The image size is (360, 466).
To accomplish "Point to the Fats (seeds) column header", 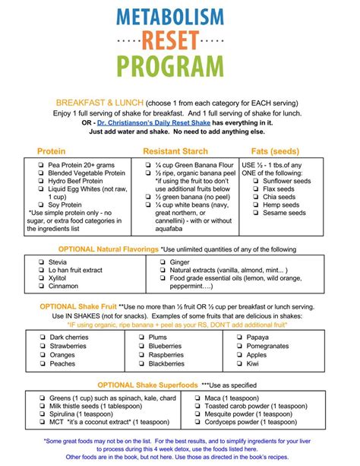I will pyautogui.click(x=275, y=152).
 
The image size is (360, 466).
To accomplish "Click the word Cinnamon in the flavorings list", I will pyautogui.click(x=65, y=287).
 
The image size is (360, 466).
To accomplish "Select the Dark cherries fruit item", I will pyautogui.click(x=70, y=337).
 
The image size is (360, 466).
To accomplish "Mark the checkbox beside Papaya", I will pyautogui.click(x=254, y=337).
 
